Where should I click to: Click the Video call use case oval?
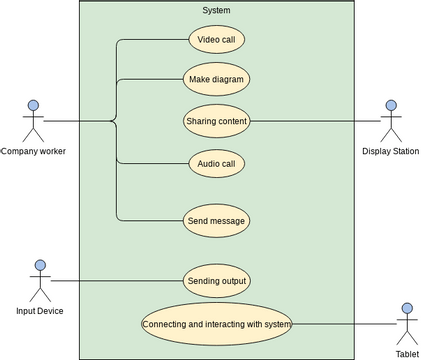(x=216, y=40)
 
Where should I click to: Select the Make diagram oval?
(x=216, y=79)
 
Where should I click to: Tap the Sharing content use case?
(x=216, y=121)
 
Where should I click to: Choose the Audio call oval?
(x=216, y=162)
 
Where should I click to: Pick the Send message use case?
(x=216, y=220)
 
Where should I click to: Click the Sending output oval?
(x=216, y=281)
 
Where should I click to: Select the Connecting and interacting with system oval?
(x=216, y=324)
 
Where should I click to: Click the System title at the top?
(x=216, y=11)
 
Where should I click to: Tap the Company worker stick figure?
(x=33, y=120)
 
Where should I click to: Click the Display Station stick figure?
(x=390, y=120)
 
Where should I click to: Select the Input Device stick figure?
(x=40, y=281)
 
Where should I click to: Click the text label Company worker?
(x=33, y=151)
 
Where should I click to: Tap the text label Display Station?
(x=390, y=151)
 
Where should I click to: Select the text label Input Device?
(x=40, y=311)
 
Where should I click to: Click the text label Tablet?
(x=406, y=354)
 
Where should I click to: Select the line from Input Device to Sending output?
(x=115, y=281)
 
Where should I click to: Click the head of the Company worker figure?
(x=33, y=105)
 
